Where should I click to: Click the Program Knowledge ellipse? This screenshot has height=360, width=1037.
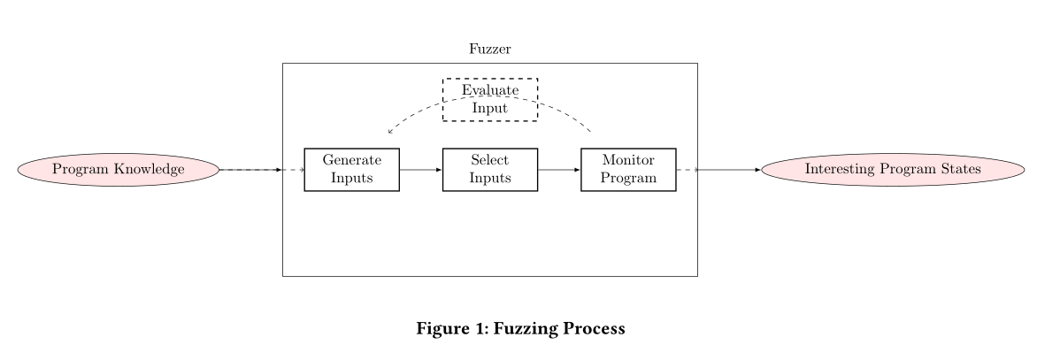point(119,169)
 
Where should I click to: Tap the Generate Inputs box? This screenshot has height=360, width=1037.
point(351,169)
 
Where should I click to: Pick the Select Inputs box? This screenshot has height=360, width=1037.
point(489,169)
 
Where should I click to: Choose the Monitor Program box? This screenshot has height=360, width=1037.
point(628,169)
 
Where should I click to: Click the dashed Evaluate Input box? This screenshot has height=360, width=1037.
point(489,98)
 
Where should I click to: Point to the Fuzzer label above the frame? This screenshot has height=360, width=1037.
point(489,49)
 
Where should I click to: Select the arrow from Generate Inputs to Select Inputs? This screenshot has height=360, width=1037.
point(421,169)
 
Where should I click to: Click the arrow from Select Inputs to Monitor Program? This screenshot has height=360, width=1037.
point(559,169)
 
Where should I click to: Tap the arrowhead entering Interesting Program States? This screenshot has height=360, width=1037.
point(757,169)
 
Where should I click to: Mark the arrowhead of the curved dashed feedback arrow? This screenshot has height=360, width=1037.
point(390,133)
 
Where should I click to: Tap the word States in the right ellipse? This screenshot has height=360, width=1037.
point(959,169)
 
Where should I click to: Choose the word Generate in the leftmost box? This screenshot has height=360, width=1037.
point(351,160)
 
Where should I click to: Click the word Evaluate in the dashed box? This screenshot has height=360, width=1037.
point(489,89)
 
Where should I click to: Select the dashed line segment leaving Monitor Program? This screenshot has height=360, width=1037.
point(687,169)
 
